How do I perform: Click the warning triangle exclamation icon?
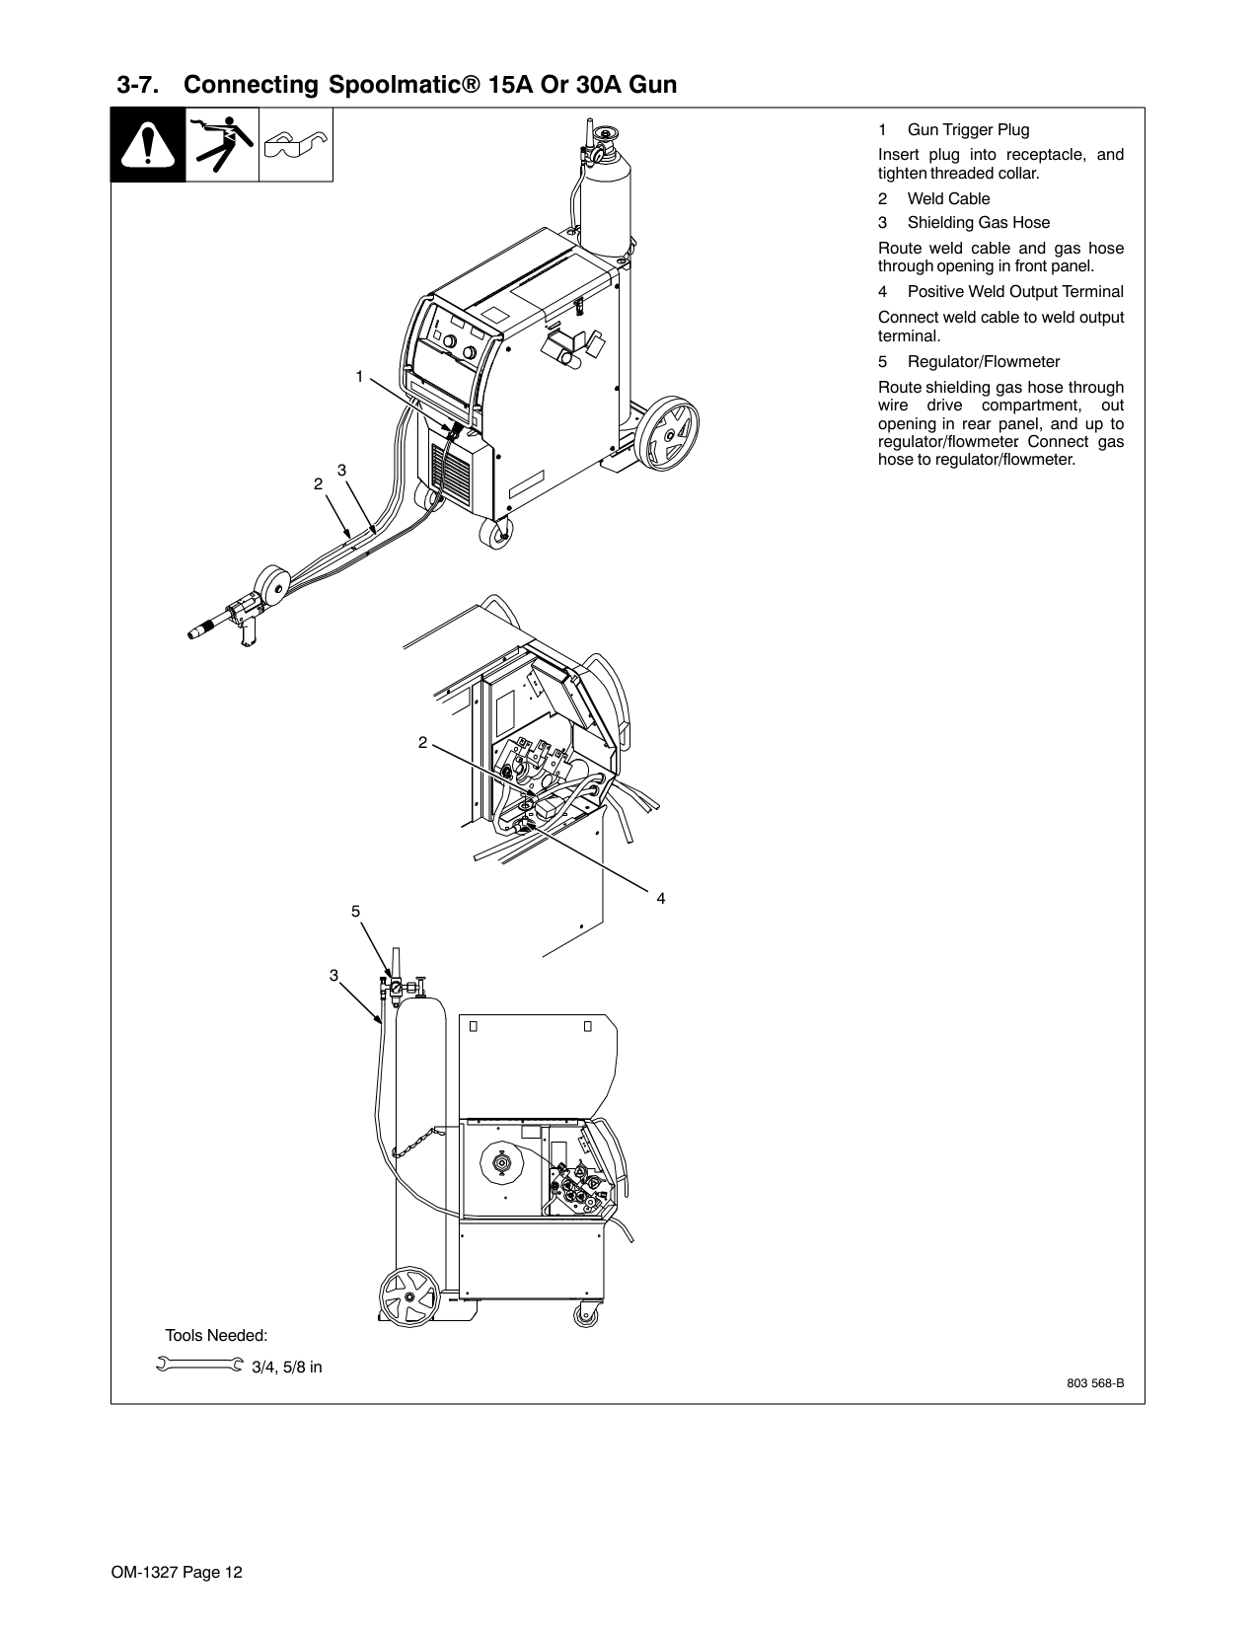[148, 145]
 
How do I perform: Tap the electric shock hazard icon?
[222, 144]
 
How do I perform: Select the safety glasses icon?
[295, 145]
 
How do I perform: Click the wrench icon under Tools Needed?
[199, 1365]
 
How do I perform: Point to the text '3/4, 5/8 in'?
[287, 1368]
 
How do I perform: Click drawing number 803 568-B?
[1095, 1383]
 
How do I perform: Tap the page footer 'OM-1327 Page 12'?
[177, 1572]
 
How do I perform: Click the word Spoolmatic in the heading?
[406, 86]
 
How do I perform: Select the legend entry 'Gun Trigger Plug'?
[968, 129]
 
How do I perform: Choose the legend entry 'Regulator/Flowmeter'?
[984, 362]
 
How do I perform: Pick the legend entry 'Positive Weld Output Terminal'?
[1015, 291]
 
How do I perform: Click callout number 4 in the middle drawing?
[661, 898]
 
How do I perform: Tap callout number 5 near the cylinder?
[356, 911]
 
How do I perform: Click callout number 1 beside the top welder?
[360, 377]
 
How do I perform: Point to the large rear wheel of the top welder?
[671, 434]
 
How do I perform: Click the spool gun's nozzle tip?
[194, 633]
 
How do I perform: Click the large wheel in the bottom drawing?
[409, 1296]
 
